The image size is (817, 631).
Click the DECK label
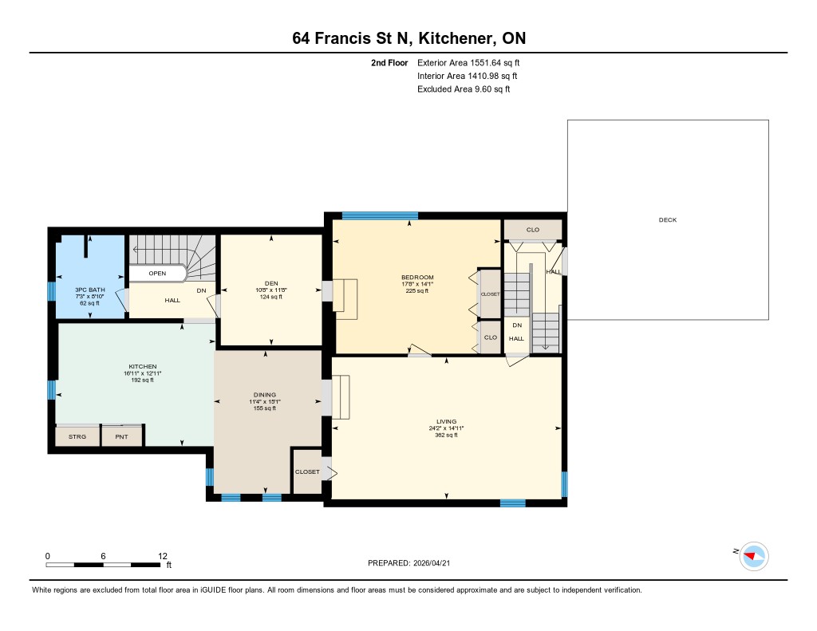[x=668, y=220]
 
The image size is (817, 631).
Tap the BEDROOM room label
[x=417, y=277]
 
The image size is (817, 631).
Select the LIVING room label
[x=447, y=421]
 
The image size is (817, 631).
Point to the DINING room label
[x=265, y=395]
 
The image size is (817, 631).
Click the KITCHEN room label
[x=143, y=367]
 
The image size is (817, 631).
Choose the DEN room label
[x=271, y=283]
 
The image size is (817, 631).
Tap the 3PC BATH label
[x=90, y=290]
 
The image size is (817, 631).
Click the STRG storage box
[x=77, y=436]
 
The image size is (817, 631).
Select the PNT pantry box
[x=121, y=436]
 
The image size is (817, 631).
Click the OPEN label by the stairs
[x=157, y=274]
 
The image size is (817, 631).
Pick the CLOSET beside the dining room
[x=307, y=471]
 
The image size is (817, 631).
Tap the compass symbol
[x=753, y=557]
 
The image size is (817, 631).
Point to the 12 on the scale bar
[x=163, y=556]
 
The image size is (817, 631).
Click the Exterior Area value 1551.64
[x=486, y=63]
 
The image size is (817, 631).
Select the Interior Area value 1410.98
[x=483, y=76]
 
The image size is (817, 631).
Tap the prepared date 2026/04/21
[x=432, y=563]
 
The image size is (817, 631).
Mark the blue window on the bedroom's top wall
[x=380, y=215]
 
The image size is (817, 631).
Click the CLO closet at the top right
[x=532, y=230]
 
